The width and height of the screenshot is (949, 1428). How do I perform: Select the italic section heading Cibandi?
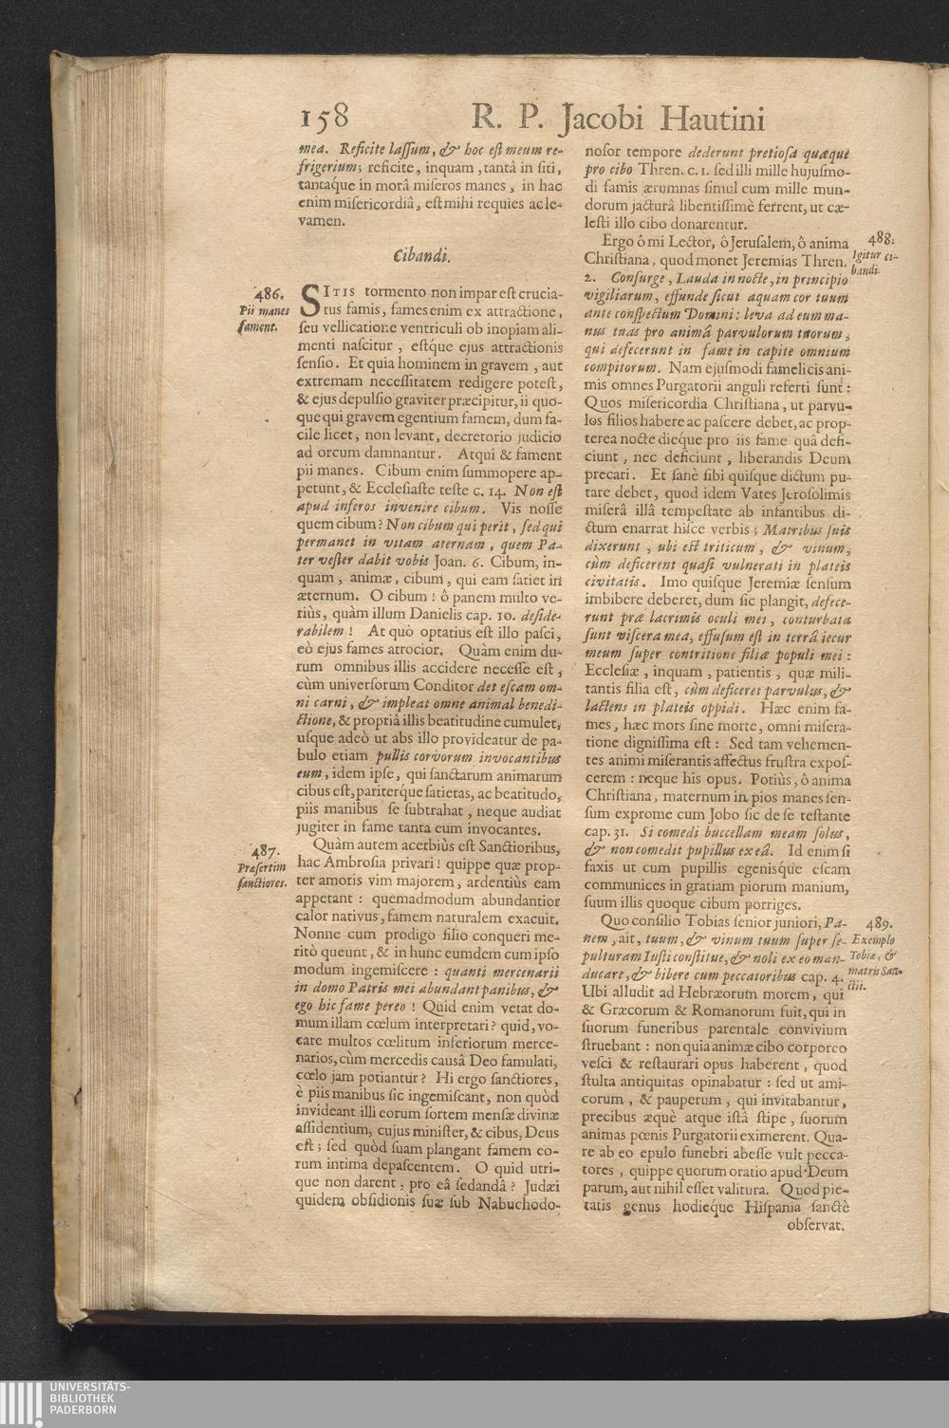click(x=420, y=256)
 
